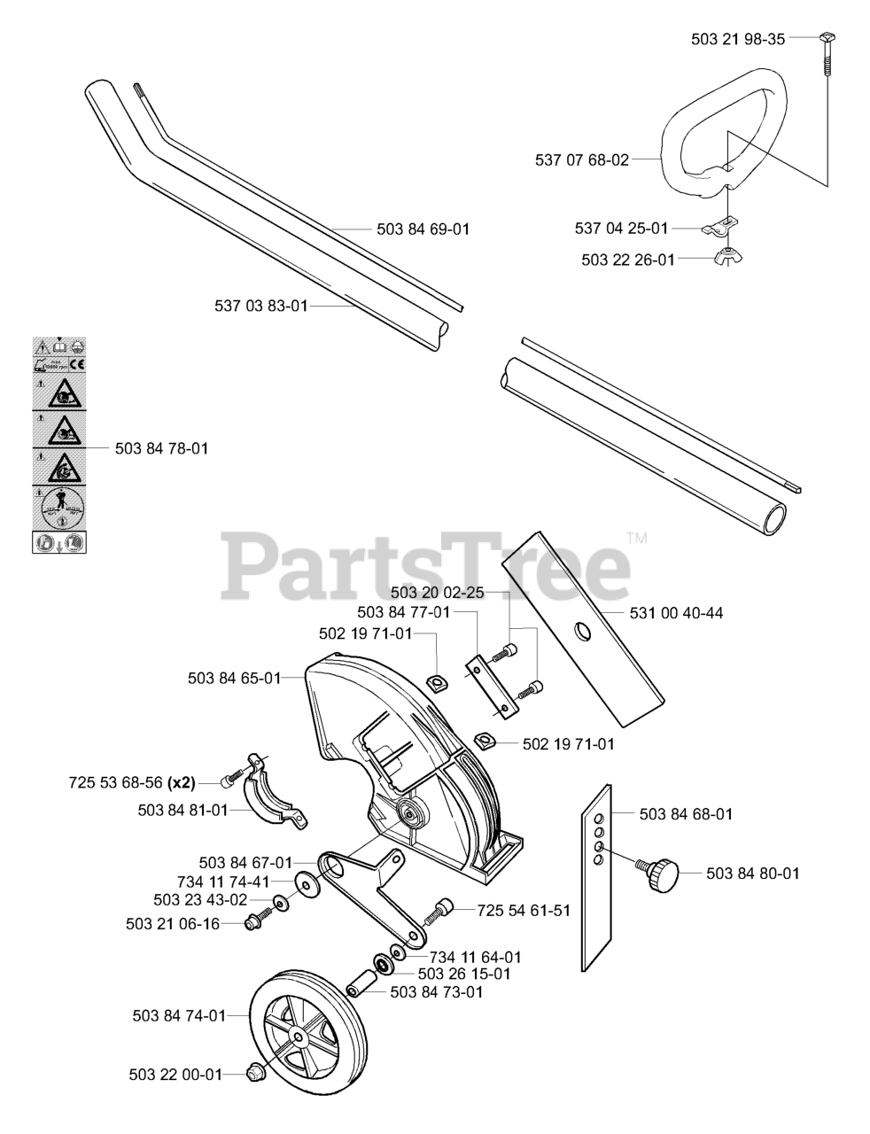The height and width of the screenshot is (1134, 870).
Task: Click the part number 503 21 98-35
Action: coord(737,39)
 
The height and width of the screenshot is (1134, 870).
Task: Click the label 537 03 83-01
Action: coord(260,306)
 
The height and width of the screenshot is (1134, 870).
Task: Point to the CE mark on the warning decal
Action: coord(75,364)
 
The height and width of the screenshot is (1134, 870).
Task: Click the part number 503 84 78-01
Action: coord(161,449)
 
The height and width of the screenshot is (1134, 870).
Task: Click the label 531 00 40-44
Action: coord(676,613)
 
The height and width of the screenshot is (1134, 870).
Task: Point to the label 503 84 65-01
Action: coord(234,679)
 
